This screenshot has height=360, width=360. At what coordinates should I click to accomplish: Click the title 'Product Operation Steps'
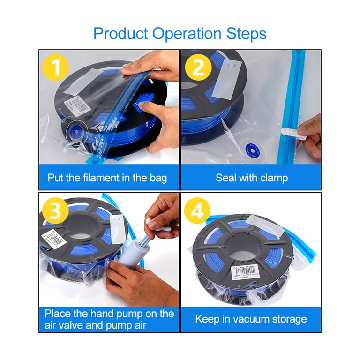pos(180,34)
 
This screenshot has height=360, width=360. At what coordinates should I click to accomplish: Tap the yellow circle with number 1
pos(56,67)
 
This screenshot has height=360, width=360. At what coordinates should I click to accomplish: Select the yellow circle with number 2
pos(198,67)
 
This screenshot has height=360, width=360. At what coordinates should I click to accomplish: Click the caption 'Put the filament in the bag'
pos(107,178)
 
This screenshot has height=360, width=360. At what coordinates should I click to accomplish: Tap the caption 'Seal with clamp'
pos(252,178)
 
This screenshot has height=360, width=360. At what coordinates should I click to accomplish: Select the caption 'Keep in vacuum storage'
pos(251,320)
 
